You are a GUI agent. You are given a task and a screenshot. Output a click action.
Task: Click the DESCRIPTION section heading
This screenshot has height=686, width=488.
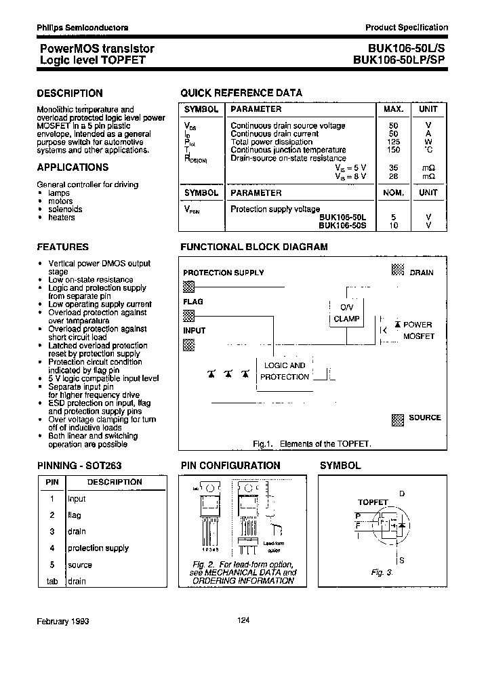[x=70, y=94]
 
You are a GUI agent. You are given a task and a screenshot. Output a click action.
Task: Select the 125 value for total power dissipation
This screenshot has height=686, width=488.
[x=394, y=142]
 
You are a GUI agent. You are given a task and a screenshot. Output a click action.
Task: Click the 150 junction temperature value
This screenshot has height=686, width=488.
[x=394, y=150]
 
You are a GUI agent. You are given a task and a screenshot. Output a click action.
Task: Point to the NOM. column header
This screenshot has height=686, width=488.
[x=394, y=193]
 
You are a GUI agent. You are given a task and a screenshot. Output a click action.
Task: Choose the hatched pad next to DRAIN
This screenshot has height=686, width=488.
[x=398, y=270]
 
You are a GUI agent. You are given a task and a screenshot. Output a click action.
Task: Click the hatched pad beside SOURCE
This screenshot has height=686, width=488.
[x=398, y=419]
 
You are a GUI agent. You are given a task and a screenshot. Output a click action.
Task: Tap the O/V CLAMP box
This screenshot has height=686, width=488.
[x=346, y=312]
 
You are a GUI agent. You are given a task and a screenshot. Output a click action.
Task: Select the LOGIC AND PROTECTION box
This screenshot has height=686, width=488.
[x=285, y=371]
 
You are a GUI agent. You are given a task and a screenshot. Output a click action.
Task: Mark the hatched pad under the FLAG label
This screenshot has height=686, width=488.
[x=189, y=315]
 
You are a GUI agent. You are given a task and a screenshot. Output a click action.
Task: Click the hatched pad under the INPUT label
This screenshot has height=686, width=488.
[x=189, y=344]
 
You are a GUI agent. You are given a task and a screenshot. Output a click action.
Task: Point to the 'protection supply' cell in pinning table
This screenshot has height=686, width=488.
[x=98, y=548]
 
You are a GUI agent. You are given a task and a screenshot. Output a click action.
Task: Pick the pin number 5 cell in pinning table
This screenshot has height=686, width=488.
[x=52, y=565]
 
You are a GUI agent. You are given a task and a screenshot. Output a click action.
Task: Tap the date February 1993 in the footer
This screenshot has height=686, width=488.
[x=63, y=621]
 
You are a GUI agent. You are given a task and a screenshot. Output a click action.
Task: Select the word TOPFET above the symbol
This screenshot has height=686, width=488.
[x=373, y=502]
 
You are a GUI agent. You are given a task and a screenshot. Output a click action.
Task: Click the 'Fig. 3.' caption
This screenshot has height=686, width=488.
[x=382, y=572]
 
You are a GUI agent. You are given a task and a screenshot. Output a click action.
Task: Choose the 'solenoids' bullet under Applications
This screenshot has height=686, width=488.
[x=65, y=209]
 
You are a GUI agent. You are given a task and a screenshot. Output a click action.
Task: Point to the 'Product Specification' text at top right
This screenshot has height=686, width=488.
[x=407, y=28]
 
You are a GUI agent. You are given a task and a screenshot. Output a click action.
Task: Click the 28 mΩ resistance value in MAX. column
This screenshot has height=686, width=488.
[x=394, y=176]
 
